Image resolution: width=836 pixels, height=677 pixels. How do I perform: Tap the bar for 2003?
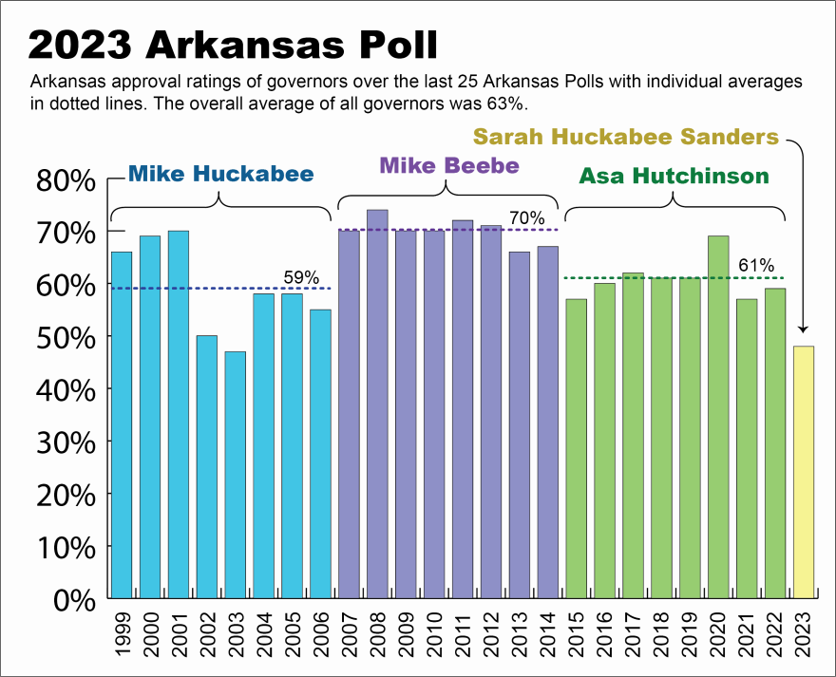point(236,475)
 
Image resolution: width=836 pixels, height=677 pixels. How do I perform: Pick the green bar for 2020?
point(718,417)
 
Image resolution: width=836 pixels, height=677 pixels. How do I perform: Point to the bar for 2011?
point(463,408)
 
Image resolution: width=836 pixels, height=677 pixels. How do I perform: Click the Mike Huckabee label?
point(220,174)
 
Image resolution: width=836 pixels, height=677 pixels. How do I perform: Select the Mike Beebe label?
point(449,164)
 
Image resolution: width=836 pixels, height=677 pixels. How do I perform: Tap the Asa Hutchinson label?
point(674,176)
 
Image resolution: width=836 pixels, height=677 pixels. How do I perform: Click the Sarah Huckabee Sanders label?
point(626,137)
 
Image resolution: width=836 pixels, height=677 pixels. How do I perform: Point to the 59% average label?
point(301,277)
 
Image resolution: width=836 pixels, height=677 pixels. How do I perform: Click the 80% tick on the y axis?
point(66,179)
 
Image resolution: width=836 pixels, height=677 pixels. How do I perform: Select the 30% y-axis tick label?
point(66,442)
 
